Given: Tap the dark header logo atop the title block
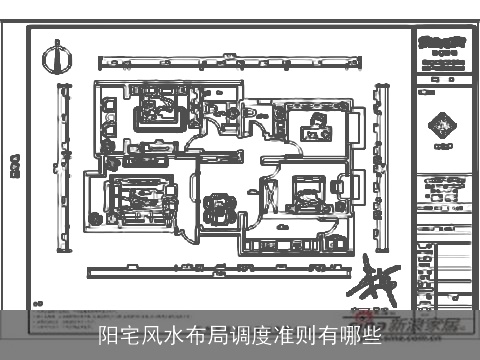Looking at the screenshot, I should click(442, 44).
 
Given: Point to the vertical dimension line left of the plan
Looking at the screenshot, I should click(65, 160).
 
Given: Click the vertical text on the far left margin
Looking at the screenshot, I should click(15, 165).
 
